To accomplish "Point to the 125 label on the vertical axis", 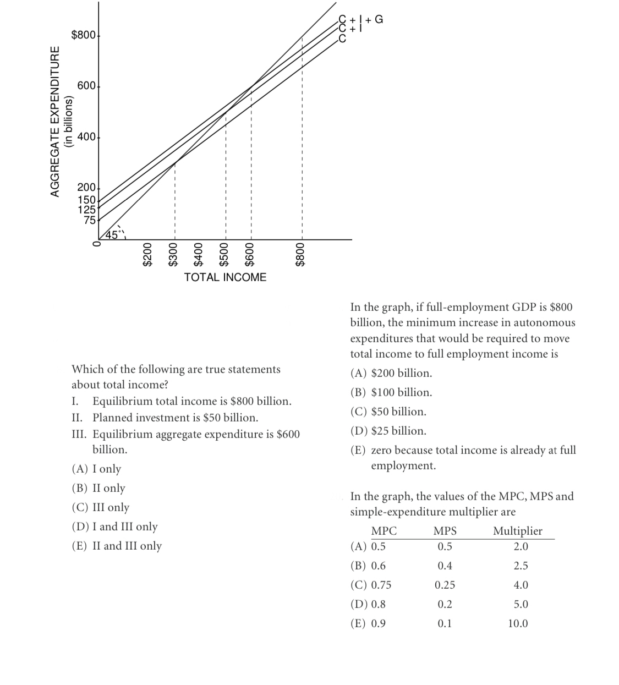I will point(86,209).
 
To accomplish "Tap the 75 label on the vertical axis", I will point(90,220).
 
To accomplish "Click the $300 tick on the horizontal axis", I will point(173,255).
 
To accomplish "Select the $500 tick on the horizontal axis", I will point(224,255).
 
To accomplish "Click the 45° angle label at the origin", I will point(112,235).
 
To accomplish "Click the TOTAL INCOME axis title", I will point(225,277).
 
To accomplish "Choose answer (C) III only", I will point(101,507).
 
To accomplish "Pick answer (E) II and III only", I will point(117,546).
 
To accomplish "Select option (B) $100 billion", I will point(391,392).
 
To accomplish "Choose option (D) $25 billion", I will point(388,431).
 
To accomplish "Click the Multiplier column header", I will point(517,531).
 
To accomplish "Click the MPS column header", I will point(445,531).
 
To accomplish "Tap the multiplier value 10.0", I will point(518,623).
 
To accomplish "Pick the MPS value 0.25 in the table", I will point(445,585).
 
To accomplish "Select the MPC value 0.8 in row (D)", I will point(379,604).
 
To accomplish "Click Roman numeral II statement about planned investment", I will point(165,418).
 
